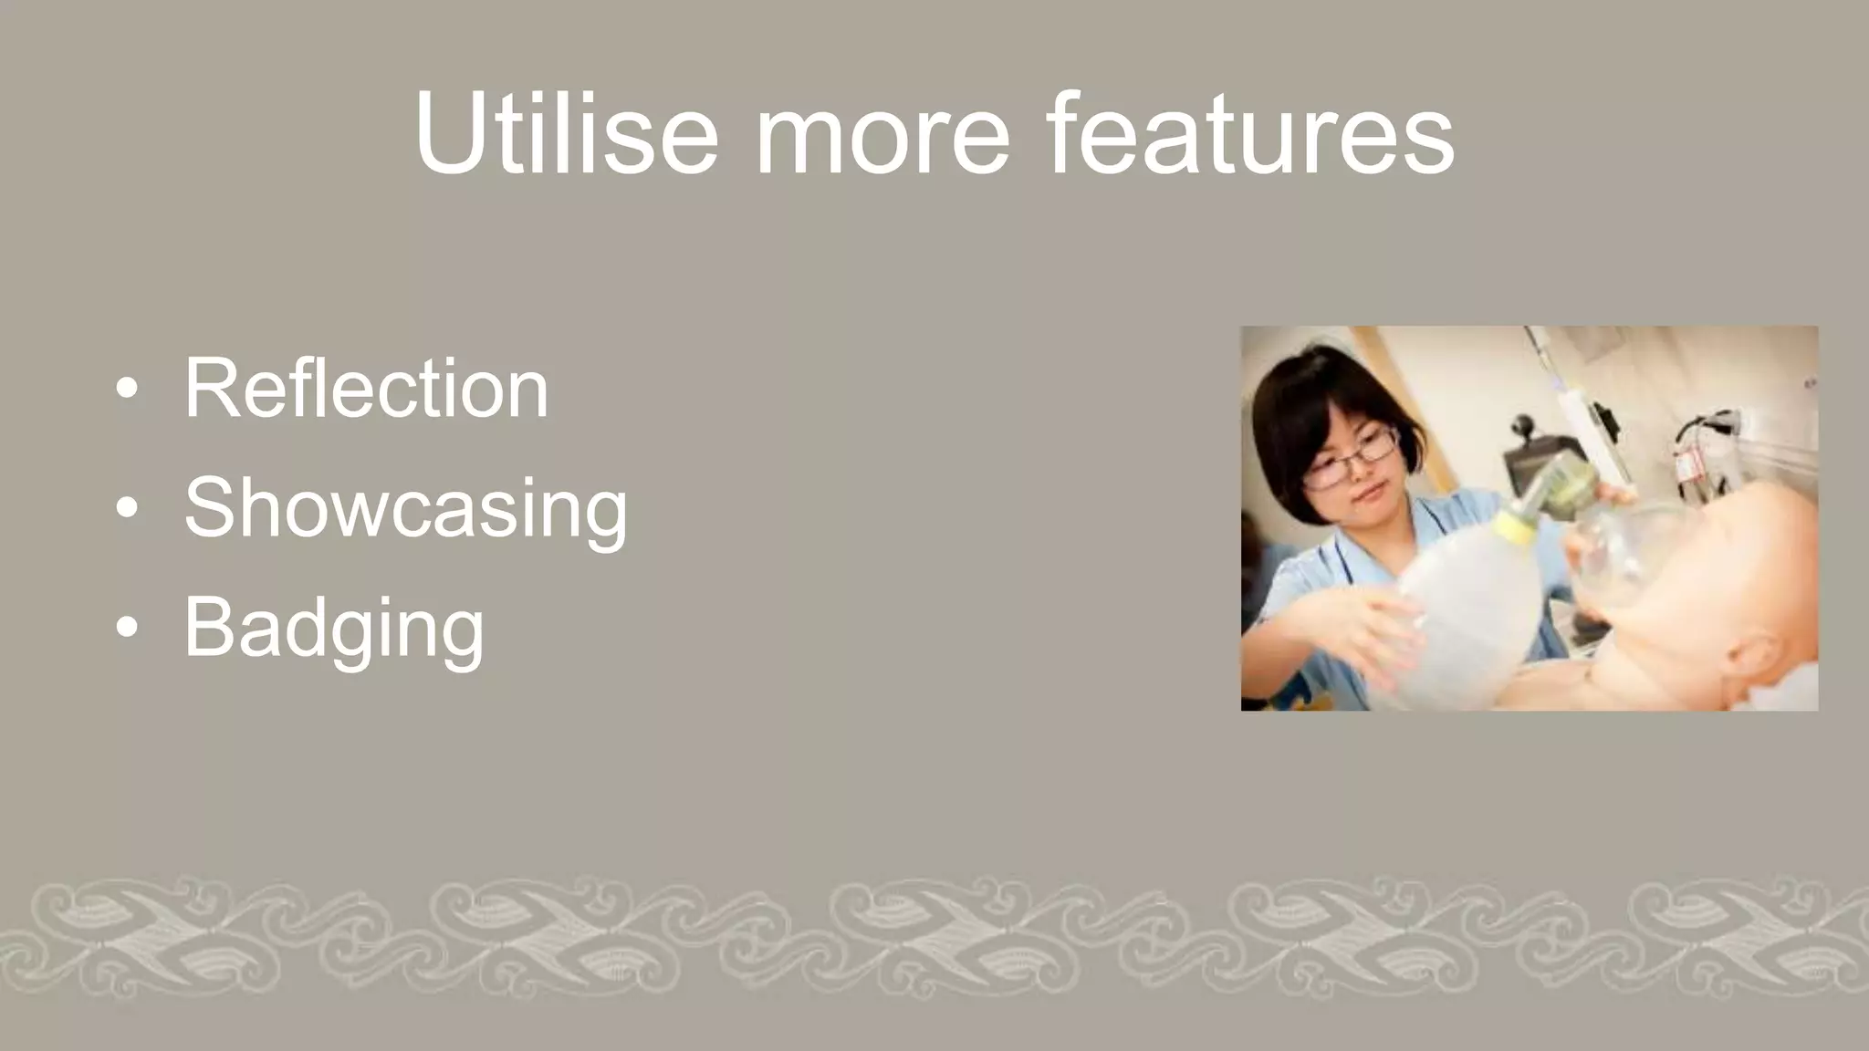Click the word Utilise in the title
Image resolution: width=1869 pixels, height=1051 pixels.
point(566,134)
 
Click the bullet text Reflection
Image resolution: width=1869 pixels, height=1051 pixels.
point(366,389)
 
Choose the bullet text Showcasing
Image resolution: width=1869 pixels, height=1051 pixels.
point(406,509)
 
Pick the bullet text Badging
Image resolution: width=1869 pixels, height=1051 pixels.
point(334,628)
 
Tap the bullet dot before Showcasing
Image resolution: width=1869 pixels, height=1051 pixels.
point(128,509)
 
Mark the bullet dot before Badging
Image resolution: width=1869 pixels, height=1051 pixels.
point(128,628)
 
